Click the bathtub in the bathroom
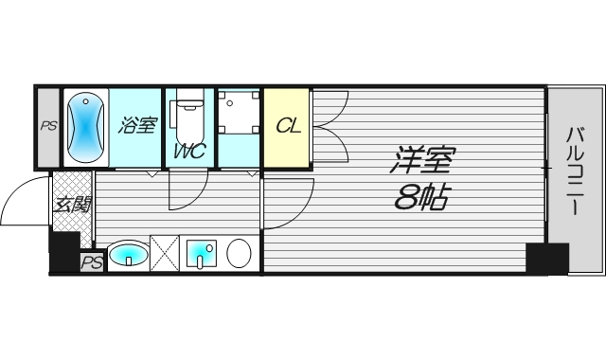tap(85, 126)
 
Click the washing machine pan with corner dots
tap(239, 115)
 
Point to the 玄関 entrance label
tap(72, 206)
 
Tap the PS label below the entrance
tap(91, 262)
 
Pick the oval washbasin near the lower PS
tap(127, 254)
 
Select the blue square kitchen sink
tap(200, 254)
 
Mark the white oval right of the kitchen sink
tap(238, 254)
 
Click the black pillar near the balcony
tap(546, 258)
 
